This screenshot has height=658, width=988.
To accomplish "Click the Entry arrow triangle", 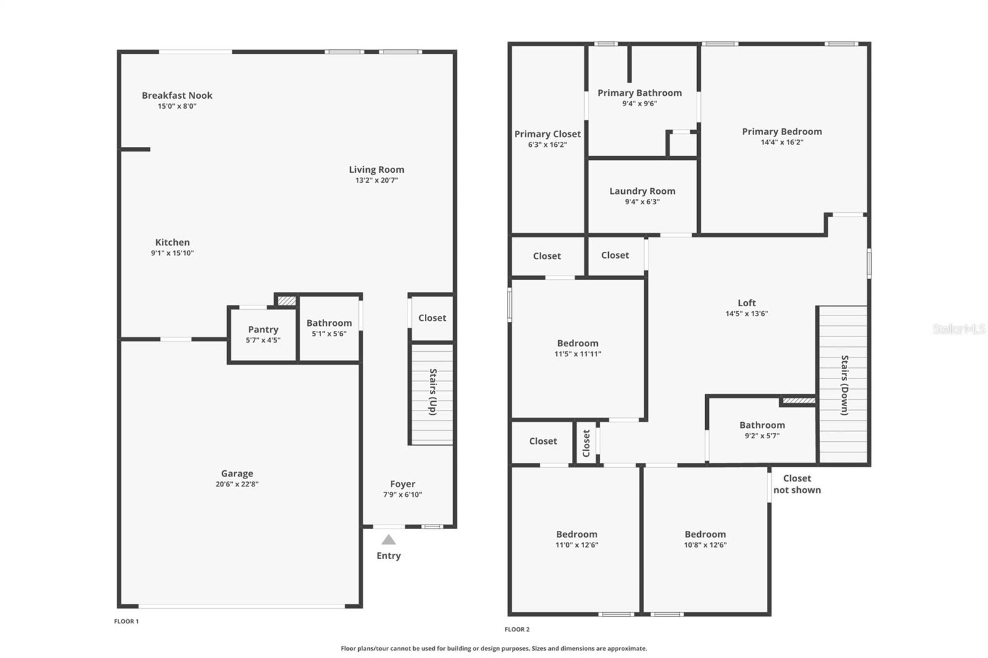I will tap(388, 540).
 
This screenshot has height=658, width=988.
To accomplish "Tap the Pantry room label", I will tap(263, 330).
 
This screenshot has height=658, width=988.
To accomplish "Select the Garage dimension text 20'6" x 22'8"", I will tap(237, 485).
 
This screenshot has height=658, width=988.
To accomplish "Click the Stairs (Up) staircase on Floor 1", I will tap(432, 393).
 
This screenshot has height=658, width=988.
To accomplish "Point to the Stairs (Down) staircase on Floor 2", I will tap(844, 385).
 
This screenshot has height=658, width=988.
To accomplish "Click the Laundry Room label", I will tap(642, 191).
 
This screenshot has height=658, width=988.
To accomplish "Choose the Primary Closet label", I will tap(548, 134).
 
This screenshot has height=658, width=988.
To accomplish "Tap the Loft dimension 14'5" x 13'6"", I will tap(747, 314).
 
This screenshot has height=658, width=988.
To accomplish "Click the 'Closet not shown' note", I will tap(797, 484).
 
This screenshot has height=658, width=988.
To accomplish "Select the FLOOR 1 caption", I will tap(127, 622).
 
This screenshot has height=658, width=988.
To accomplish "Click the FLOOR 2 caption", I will tap(517, 630).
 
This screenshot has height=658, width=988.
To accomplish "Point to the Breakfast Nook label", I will tap(177, 96).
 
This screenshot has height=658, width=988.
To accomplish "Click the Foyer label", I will tap(403, 485).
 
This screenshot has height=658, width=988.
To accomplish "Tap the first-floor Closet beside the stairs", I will tap(432, 318).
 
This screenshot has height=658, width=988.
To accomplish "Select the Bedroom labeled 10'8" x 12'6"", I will tap(705, 539).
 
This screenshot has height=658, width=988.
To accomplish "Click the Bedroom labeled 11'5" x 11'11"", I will tap(578, 348).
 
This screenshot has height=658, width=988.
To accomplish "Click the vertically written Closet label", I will tap(586, 443).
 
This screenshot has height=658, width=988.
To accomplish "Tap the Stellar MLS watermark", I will tap(958, 329).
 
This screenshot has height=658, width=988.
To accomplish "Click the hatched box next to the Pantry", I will tap(286, 301).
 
